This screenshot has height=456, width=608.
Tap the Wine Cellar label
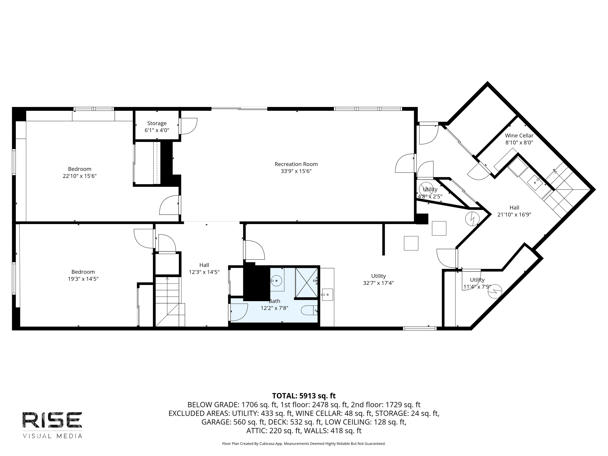(x=519, y=136)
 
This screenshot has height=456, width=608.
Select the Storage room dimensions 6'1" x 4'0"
(x=157, y=130)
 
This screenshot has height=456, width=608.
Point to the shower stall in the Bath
(x=306, y=283)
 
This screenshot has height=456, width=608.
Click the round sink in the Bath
(x=276, y=281)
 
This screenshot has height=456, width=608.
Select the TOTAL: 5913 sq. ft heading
(x=304, y=396)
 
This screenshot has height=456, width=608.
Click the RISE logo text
(x=52, y=420)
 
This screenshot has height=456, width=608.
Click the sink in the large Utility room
(x=327, y=295)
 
